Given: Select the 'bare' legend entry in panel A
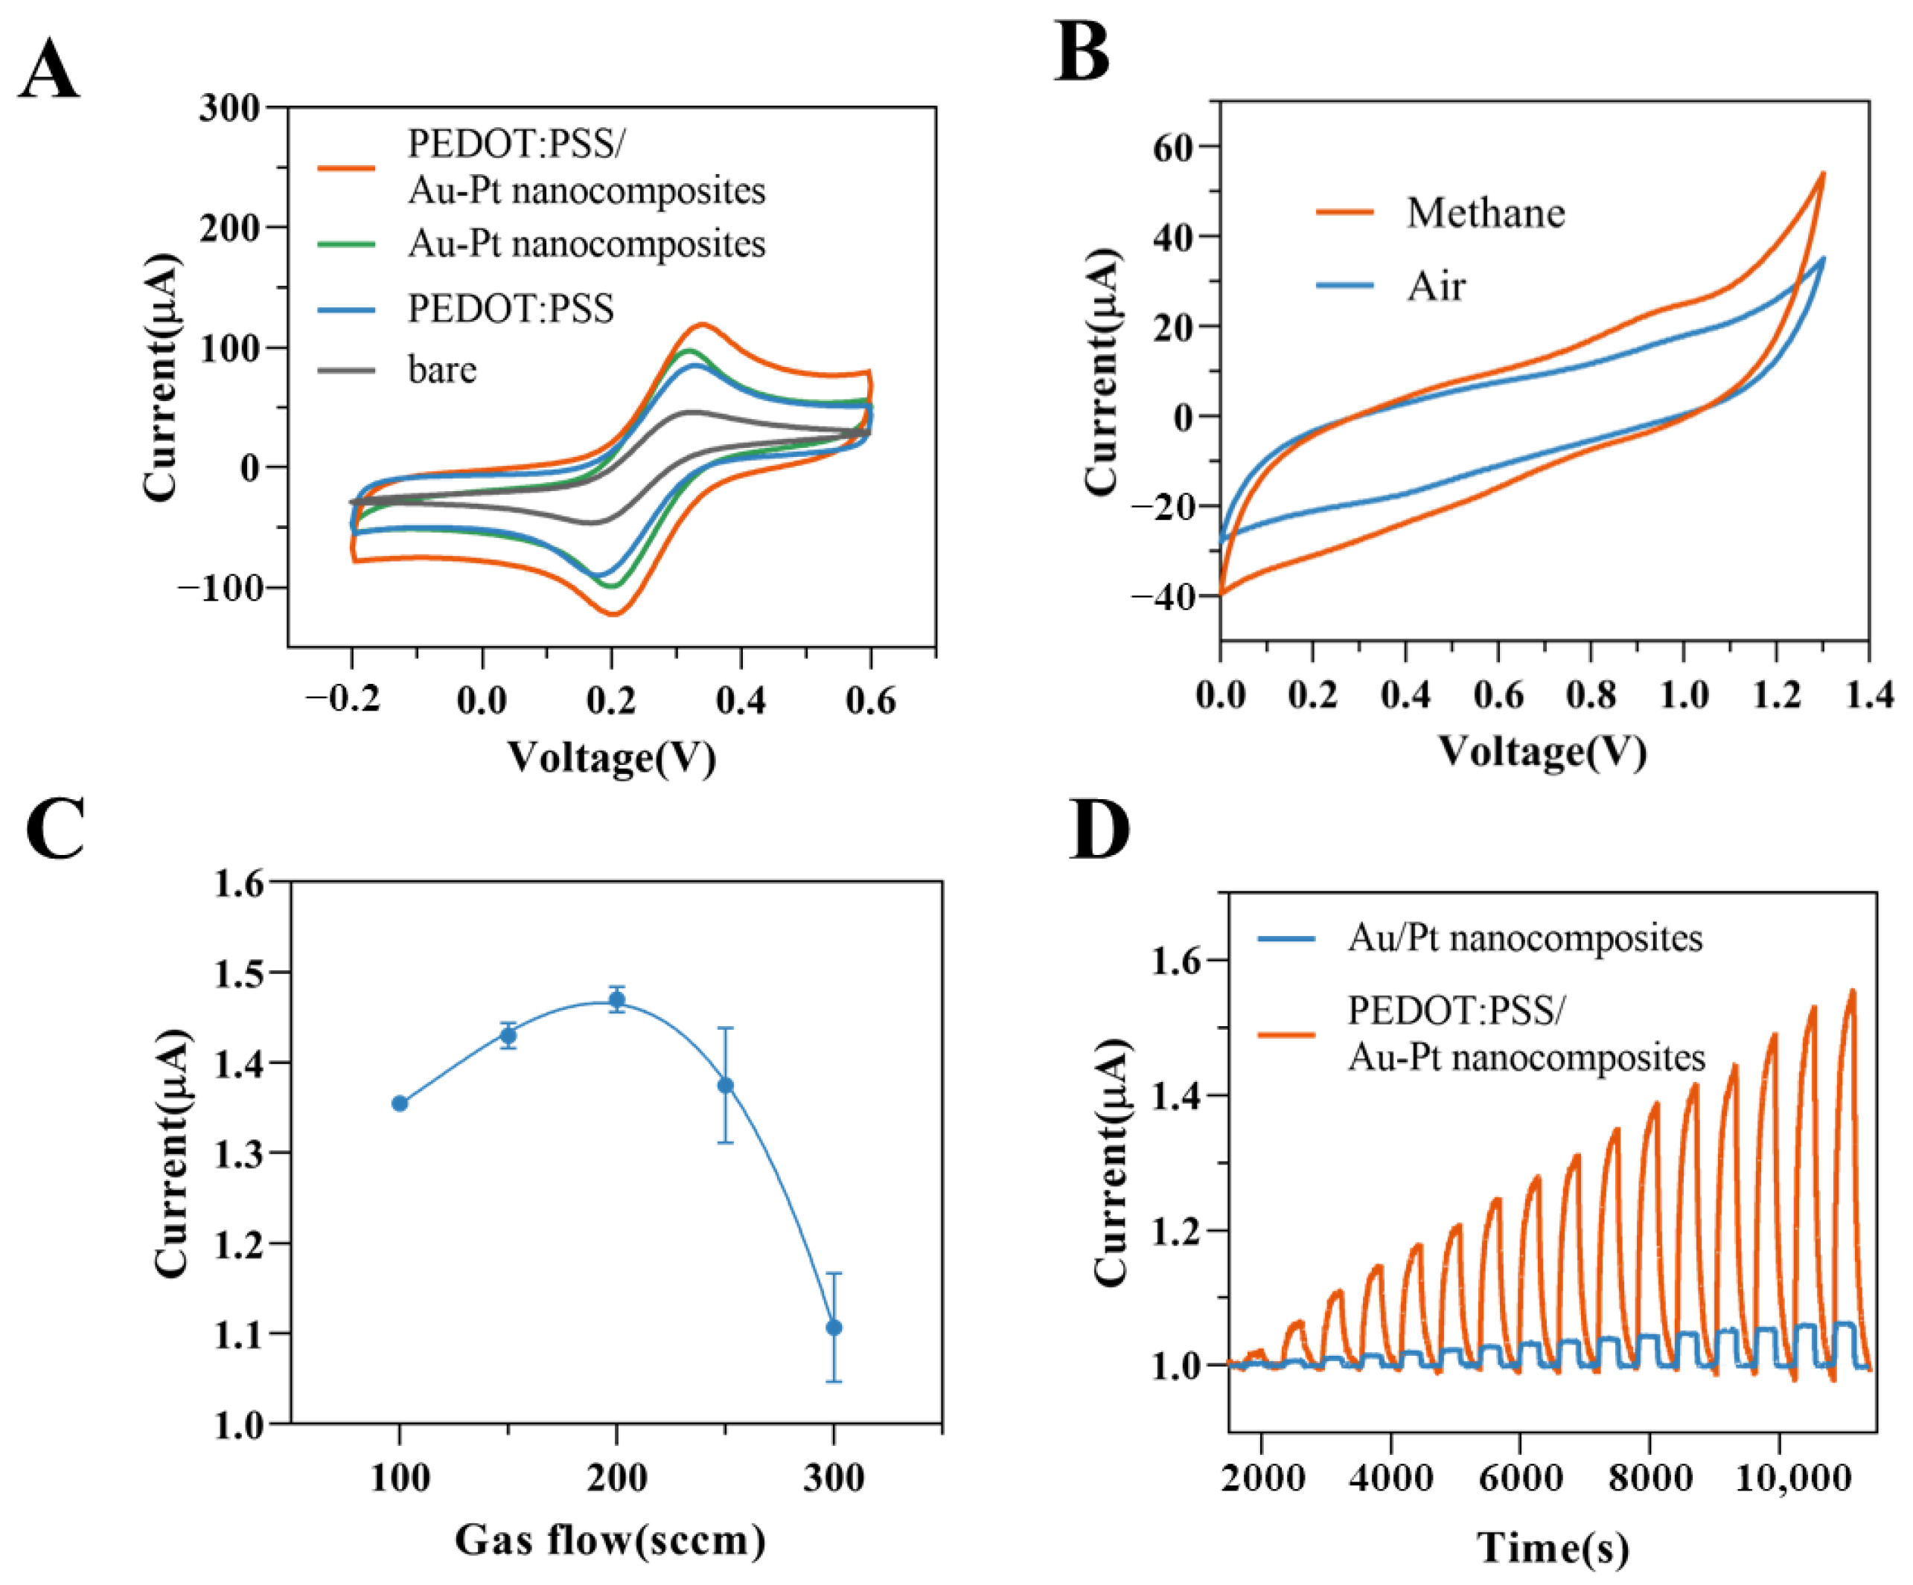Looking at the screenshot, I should pos(442,369).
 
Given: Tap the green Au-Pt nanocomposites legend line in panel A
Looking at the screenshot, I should pos(346,244).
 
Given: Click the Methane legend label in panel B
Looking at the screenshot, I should pos(1485,212).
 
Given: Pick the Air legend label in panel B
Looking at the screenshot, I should pos(1436,286).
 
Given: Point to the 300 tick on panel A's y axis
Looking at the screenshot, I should pos(229,107).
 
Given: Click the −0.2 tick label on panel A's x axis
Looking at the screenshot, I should pos(343,699).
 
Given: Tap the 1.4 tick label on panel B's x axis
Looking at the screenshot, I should pos(1869,695).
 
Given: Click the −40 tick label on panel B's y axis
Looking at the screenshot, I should pos(1161,597).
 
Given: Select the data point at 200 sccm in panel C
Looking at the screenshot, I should pos(617,999).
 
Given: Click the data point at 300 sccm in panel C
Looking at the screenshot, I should pos(834,1328).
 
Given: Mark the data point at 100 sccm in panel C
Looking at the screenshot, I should pos(400,1103).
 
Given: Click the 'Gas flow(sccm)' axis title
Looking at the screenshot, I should pos(610,1540).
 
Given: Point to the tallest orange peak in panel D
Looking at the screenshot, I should pos(1851,992).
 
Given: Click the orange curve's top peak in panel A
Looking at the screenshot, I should pos(700,324).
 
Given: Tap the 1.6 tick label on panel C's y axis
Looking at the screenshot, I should pos(239,883).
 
